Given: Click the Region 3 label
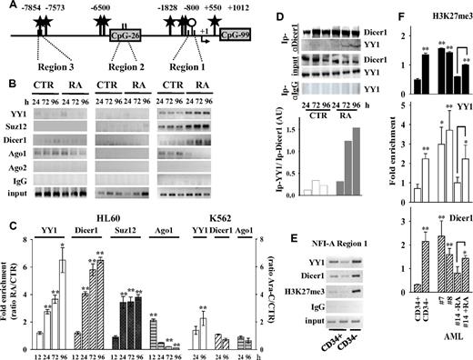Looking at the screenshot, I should [50, 69].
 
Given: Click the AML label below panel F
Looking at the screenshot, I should [437, 353].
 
